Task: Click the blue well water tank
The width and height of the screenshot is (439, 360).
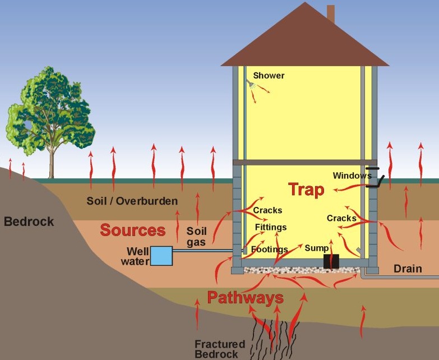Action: click(x=161, y=256)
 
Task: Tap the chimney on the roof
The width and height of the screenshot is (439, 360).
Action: click(x=331, y=13)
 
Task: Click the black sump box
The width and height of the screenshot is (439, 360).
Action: click(x=331, y=261)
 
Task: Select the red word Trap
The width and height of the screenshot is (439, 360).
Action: click(x=306, y=190)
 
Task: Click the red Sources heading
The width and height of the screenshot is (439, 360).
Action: click(x=133, y=230)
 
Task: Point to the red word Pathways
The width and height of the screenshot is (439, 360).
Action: click(x=245, y=298)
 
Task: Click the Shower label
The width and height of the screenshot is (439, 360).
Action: click(x=269, y=76)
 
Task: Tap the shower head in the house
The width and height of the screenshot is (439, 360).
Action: click(x=250, y=83)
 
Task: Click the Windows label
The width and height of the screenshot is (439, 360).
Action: click(x=352, y=176)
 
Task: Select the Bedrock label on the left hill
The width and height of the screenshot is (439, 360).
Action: click(x=29, y=221)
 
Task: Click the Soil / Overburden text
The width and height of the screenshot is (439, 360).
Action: click(x=132, y=201)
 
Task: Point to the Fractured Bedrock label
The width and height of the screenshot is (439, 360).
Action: click(x=220, y=349)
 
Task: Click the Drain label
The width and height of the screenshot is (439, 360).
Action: click(x=408, y=269)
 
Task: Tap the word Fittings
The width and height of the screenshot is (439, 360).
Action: click(x=271, y=227)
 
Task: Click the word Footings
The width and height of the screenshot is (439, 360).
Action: click(x=269, y=249)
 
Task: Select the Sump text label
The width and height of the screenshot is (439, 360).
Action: click(x=317, y=248)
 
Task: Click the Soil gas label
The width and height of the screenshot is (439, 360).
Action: click(x=197, y=237)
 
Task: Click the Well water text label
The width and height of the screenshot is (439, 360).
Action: click(x=135, y=256)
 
